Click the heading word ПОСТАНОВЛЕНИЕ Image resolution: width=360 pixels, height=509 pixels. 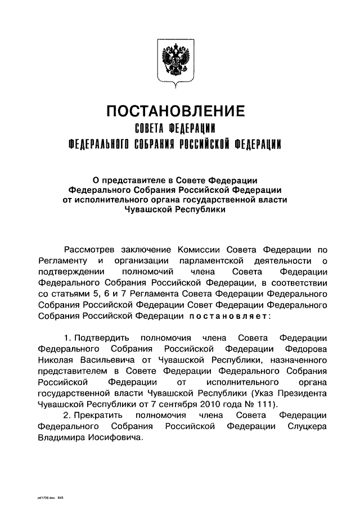(175, 111)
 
